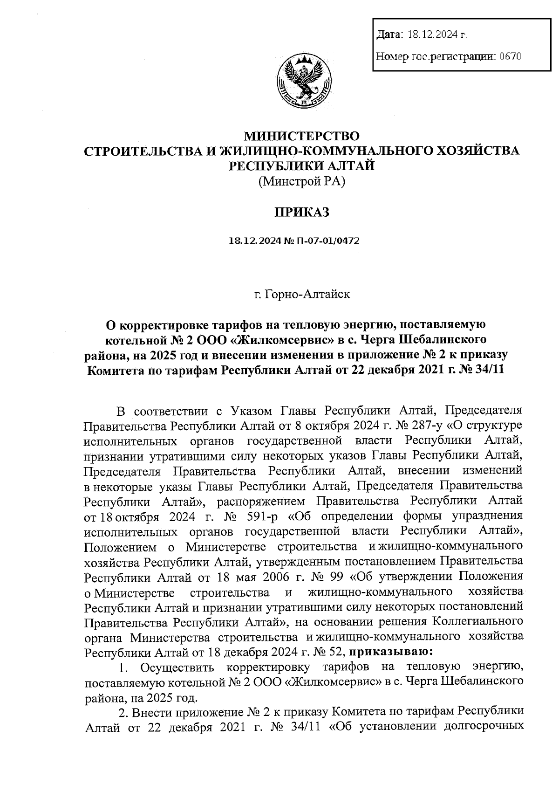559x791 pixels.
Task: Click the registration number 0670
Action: click(509, 57)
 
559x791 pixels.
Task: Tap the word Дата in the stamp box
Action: click(388, 34)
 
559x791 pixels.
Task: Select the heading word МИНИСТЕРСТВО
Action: click(302, 137)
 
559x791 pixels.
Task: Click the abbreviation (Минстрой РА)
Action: click(302, 182)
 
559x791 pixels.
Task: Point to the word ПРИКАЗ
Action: click(301, 213)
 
